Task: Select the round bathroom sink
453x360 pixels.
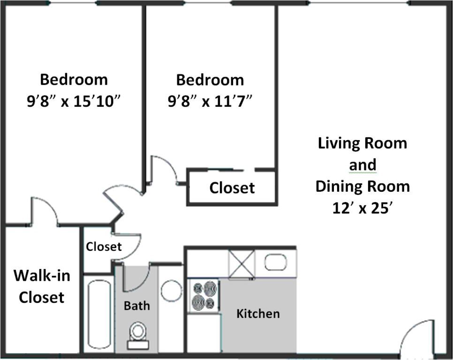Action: coord(171,291)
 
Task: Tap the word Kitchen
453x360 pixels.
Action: coord(258,314)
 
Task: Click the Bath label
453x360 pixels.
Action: coord(137,306)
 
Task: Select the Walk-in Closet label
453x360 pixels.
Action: coord(41,286)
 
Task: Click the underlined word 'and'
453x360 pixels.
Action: coord(362,165)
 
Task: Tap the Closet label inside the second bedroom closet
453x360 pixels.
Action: coord(232,188)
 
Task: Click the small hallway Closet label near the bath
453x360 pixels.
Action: coord(104,247)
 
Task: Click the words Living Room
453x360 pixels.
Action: coord(362,143)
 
